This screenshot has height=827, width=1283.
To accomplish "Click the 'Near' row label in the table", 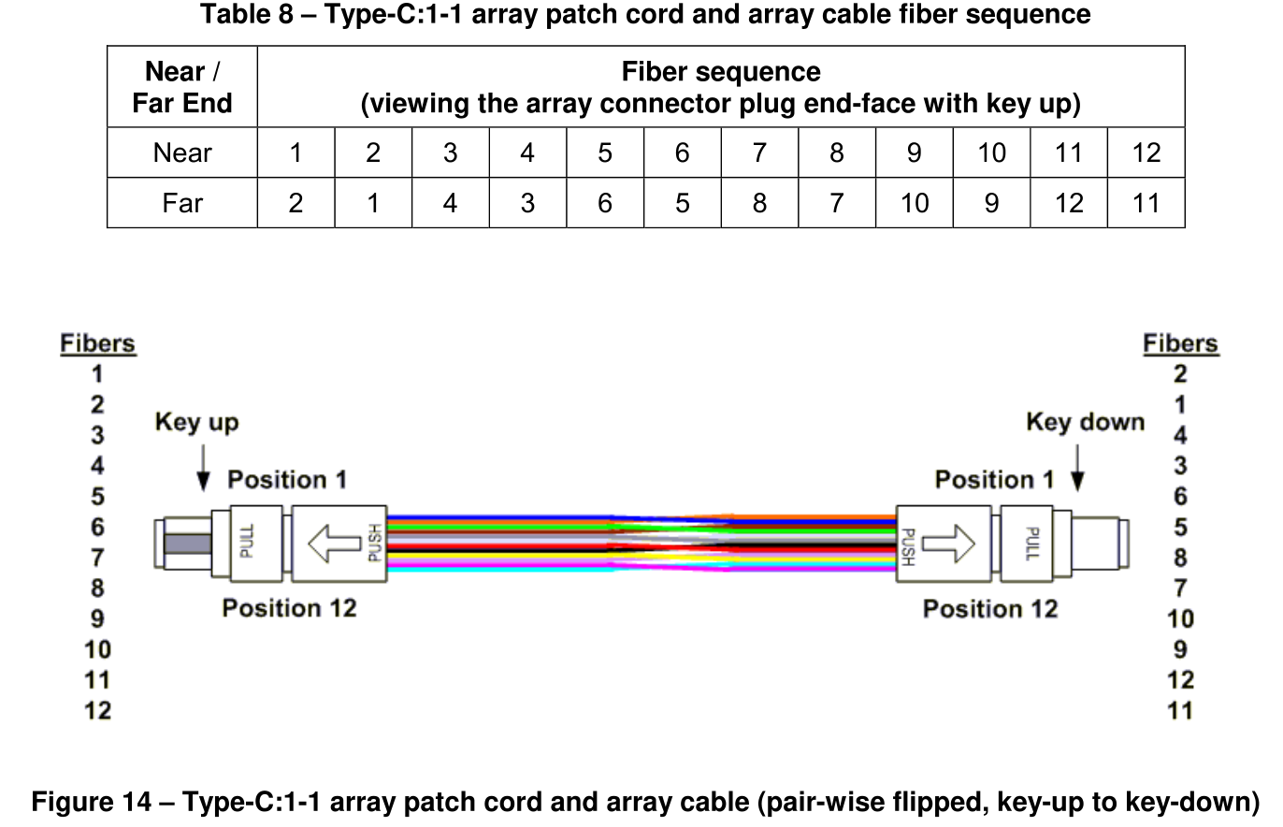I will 181,153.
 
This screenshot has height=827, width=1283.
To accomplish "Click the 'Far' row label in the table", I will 181,203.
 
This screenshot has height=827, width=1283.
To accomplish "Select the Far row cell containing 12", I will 1069,203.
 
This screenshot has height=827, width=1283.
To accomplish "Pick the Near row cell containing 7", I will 759,153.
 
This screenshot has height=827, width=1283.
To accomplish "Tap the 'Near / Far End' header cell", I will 181,87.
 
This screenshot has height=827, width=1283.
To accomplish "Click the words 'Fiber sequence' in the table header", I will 721,72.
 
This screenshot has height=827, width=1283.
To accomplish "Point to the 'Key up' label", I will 196,423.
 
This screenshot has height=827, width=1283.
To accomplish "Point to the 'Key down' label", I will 1085,423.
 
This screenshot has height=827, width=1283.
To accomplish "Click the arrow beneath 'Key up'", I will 203,468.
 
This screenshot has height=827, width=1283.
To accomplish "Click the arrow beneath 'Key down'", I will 1077,468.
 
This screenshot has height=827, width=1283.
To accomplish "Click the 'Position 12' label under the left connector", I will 289,609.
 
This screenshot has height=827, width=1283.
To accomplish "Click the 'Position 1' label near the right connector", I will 994,481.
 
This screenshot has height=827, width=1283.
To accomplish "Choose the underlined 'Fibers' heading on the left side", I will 97,344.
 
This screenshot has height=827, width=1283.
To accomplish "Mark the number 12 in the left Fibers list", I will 97,711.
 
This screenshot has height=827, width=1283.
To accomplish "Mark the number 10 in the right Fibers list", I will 1180,619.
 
